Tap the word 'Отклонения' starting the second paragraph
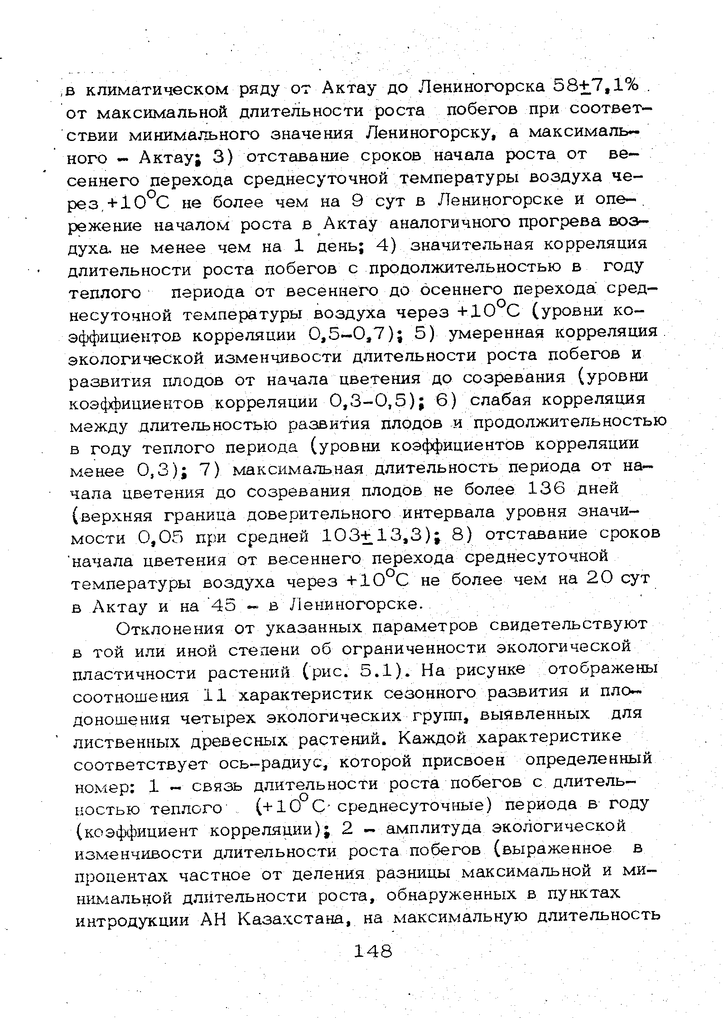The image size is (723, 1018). point(170,629)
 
